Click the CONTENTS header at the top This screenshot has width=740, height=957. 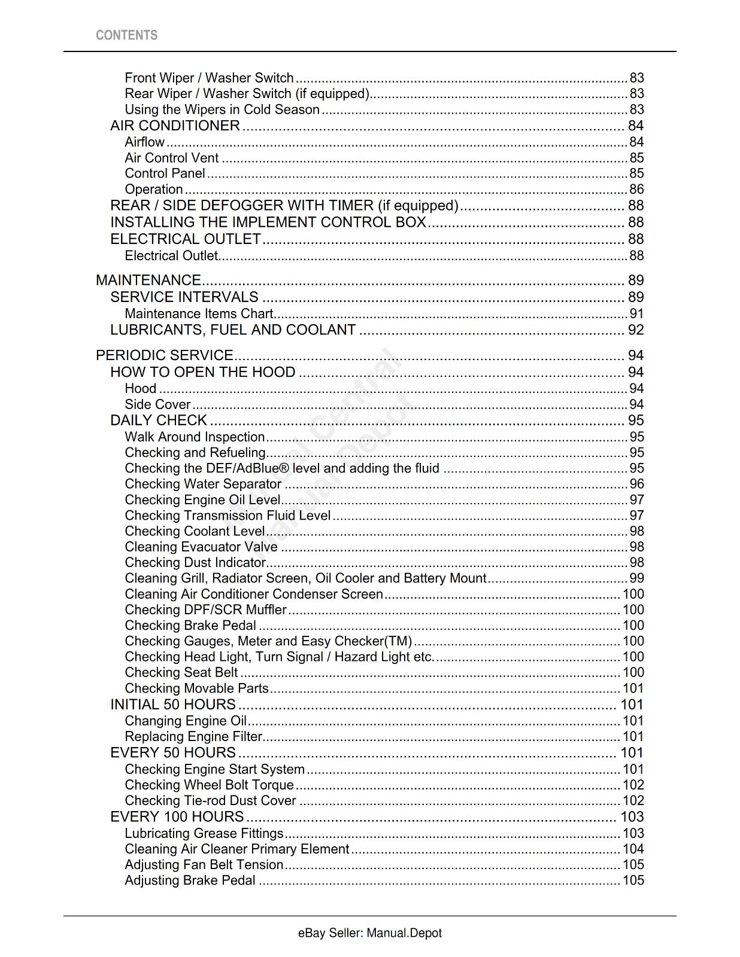click(x=126, y=35)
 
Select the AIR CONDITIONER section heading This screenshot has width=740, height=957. click(x=175, y=126)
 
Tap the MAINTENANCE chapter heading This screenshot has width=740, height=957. click(x=148, y=280)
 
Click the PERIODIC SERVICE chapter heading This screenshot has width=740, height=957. click(x=164, y=355)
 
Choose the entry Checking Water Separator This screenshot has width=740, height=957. click(x=203, y=484)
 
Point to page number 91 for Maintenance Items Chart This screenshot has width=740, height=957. click(x=636, y=314)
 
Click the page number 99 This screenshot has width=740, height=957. click(x=636, y=578)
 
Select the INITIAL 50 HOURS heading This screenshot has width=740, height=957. click(x=173, y=705)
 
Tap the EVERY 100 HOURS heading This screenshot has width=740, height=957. click(x=177, y=817)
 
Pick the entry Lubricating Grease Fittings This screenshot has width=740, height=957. click(x=204, y=834)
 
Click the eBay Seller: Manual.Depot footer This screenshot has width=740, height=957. click(x=369, y=933)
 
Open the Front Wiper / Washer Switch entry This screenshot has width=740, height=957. click(x=209, y=78)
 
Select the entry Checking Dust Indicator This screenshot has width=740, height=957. click(x=195, y=563)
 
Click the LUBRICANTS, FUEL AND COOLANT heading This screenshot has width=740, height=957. click(x=233, y=330)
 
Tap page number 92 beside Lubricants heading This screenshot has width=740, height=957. click(x=636, y=330)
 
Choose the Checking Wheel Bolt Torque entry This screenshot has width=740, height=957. click(x=209, y=785)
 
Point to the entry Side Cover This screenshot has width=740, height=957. click(x=157, y=405)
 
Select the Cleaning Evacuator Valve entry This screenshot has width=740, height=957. click(x=201, y=547)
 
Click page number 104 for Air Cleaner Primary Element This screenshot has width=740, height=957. click(x=633, y=849)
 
